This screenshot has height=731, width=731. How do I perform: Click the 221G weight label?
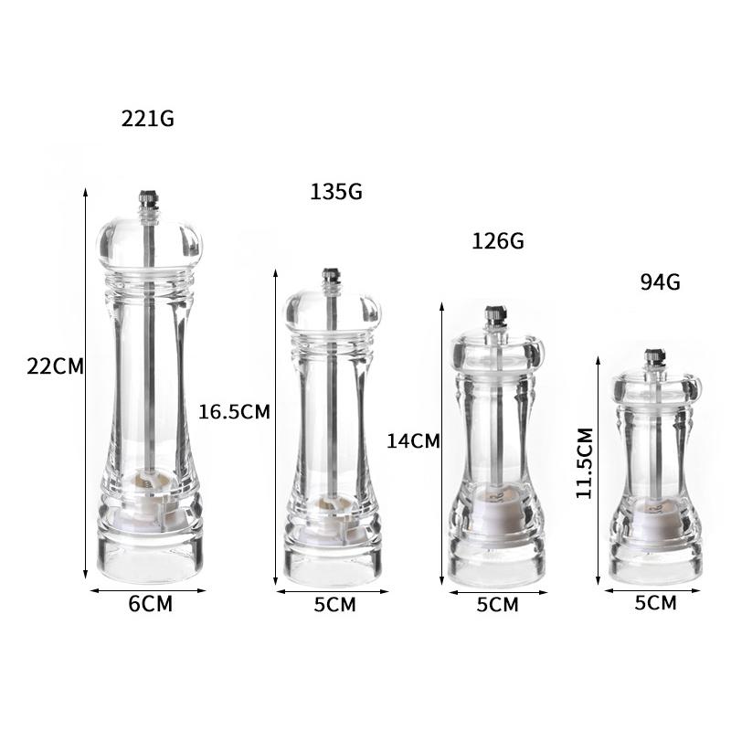pos(148,119)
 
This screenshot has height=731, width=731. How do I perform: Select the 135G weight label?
pos(336,192)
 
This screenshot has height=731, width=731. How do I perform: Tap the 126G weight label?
pos(498,241)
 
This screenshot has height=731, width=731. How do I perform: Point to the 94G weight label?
pos(660,282)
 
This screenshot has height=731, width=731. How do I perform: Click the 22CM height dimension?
pos(55,366)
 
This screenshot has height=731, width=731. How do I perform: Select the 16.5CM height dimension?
pos(235,412)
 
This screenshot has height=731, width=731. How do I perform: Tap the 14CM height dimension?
pos(414,441)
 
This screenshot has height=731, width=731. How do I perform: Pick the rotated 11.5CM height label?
pos(584,463)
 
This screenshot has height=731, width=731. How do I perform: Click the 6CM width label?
pos(150,604)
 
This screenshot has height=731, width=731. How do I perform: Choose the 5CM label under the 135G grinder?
pos(334,605)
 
